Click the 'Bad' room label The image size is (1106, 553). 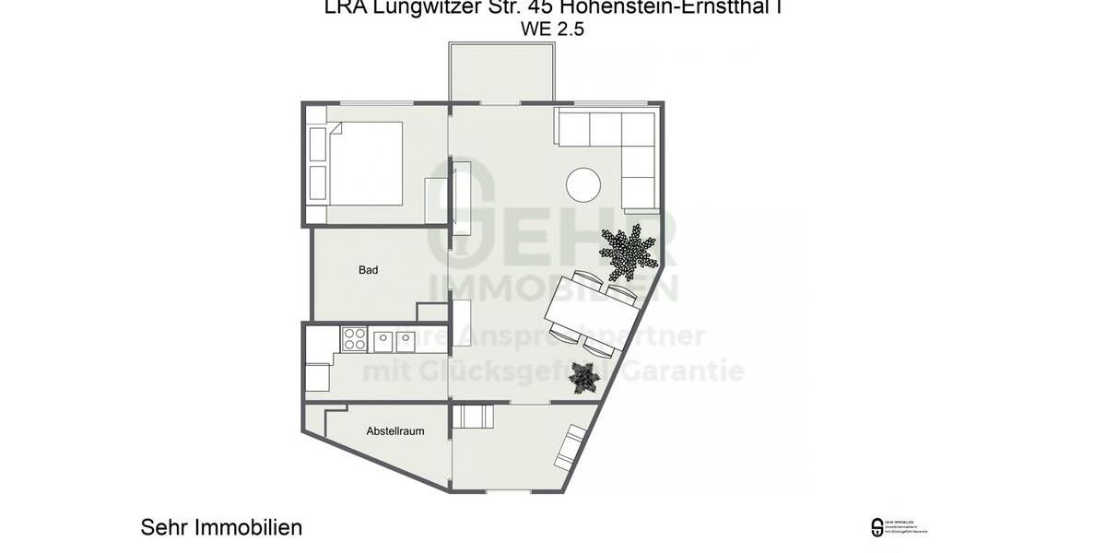click(x=369, y=270)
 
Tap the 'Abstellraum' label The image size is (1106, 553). click(x=394, y=430)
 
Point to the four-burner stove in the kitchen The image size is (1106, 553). click(x=354, y=340)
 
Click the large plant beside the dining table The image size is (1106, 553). click(x=629, y=252)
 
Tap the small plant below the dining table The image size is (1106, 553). click(x=582, y=377)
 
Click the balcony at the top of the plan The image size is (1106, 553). click(x=502, y=71)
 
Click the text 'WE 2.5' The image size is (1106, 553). click(x=552, y=29)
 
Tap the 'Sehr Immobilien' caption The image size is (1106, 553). click(x=221, y=527)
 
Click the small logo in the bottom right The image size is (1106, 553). click(x=877, y=528)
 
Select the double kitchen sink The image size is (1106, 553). click(x=394, y=340)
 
